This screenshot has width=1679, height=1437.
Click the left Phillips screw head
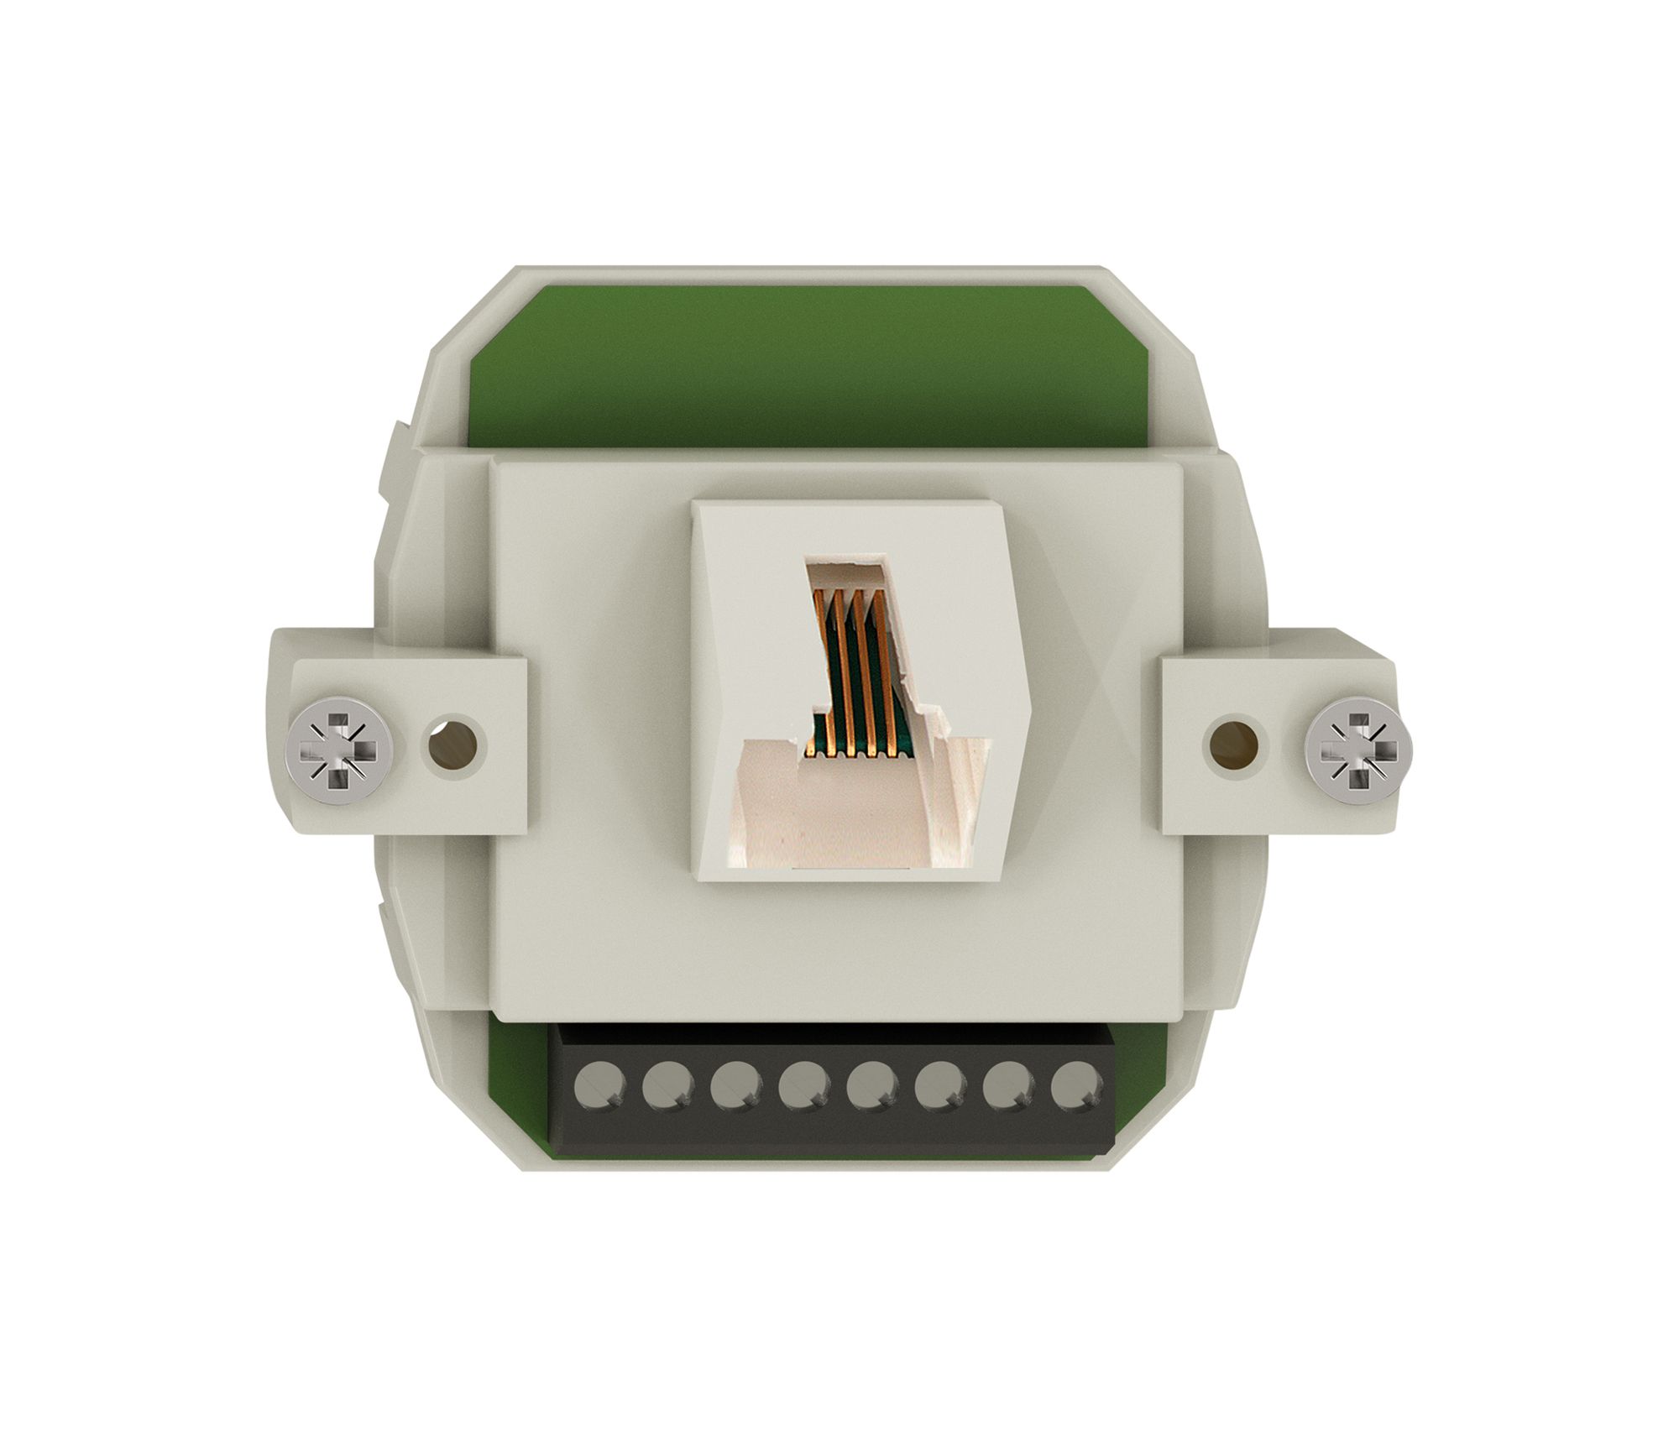[339, 750]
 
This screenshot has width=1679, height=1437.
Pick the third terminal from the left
[736, 1089]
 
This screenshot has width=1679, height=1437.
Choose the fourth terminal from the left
[804, 1089]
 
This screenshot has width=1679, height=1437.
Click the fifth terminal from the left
[873, 1089]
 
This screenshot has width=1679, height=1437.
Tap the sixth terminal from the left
[941, 1089]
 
